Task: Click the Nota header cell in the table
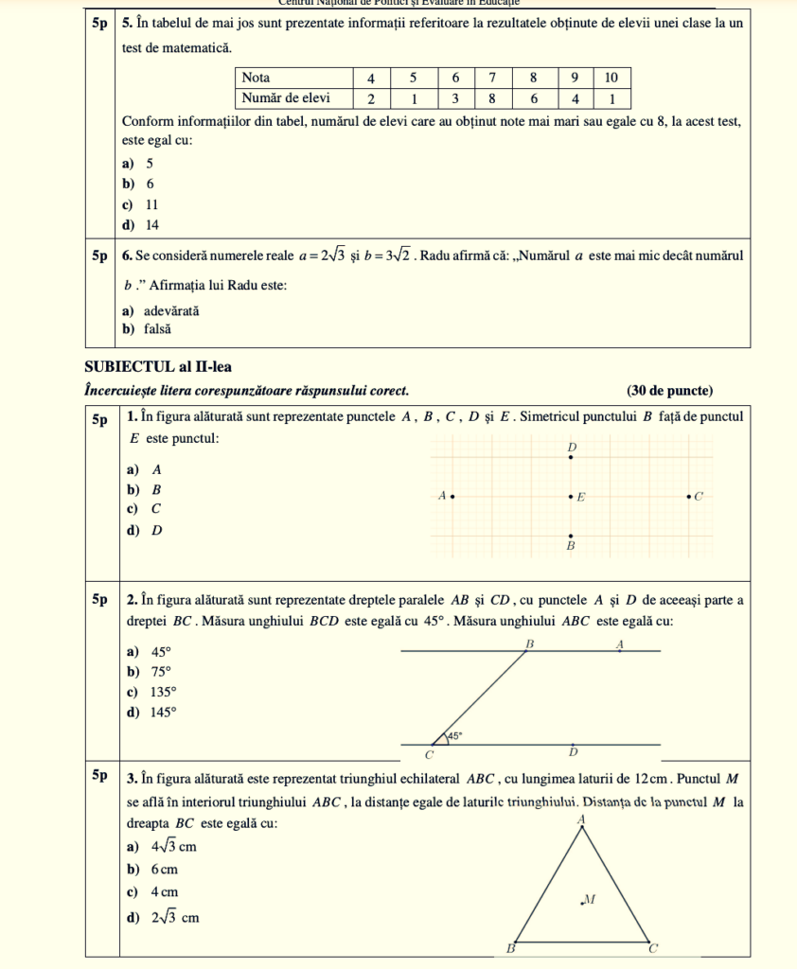pyautogui.click(x=256, y=77)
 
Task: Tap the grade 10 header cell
pyautogui.click(x=612, y=77)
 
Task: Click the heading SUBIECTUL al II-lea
pyautogui.click(x=158, y=367)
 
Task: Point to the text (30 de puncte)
pyautogui.click(x=669, y=391)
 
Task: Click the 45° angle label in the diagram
pyautogui.click(x=454, y=735)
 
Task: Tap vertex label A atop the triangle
pyautogui.click(x=581, y=819)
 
